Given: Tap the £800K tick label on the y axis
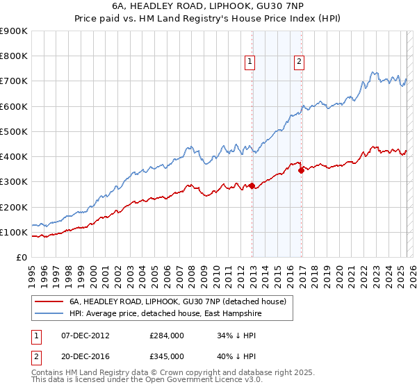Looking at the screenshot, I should click(14, 56).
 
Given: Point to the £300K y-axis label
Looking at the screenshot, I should click(14, 182).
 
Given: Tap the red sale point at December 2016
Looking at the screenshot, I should click(302, 170).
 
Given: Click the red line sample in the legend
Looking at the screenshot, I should click(49, 301).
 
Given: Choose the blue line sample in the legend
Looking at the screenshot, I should click(49, 313).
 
